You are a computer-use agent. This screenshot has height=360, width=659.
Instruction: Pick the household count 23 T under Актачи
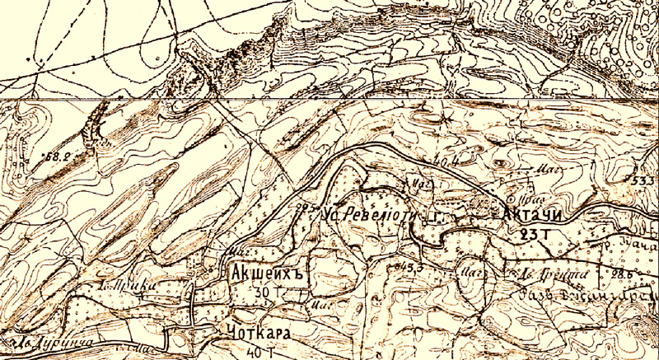[x=534, y=234]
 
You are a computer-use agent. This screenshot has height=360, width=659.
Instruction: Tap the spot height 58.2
[x=57, y=155]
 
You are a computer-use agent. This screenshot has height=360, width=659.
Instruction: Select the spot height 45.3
[x=408, y=266]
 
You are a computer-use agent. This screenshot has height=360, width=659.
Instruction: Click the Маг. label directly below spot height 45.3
[x=471, y=269]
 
